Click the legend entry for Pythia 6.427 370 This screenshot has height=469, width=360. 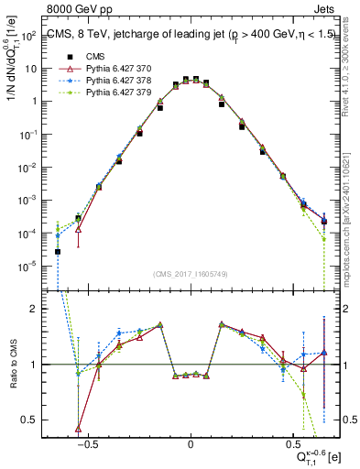(96, 69)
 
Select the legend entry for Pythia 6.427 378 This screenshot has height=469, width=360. (96, 81)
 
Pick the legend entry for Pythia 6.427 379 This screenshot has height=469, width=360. (96, 93)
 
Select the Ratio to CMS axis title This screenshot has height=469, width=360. (12, 366)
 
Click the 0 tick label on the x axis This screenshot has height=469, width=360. (191, 442)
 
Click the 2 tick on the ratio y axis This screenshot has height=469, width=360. (36, 309)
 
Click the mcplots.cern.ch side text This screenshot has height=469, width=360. (351, 211)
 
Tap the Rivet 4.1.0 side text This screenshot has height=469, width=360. (351, 73)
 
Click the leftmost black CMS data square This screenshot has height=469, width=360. (58, 251)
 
